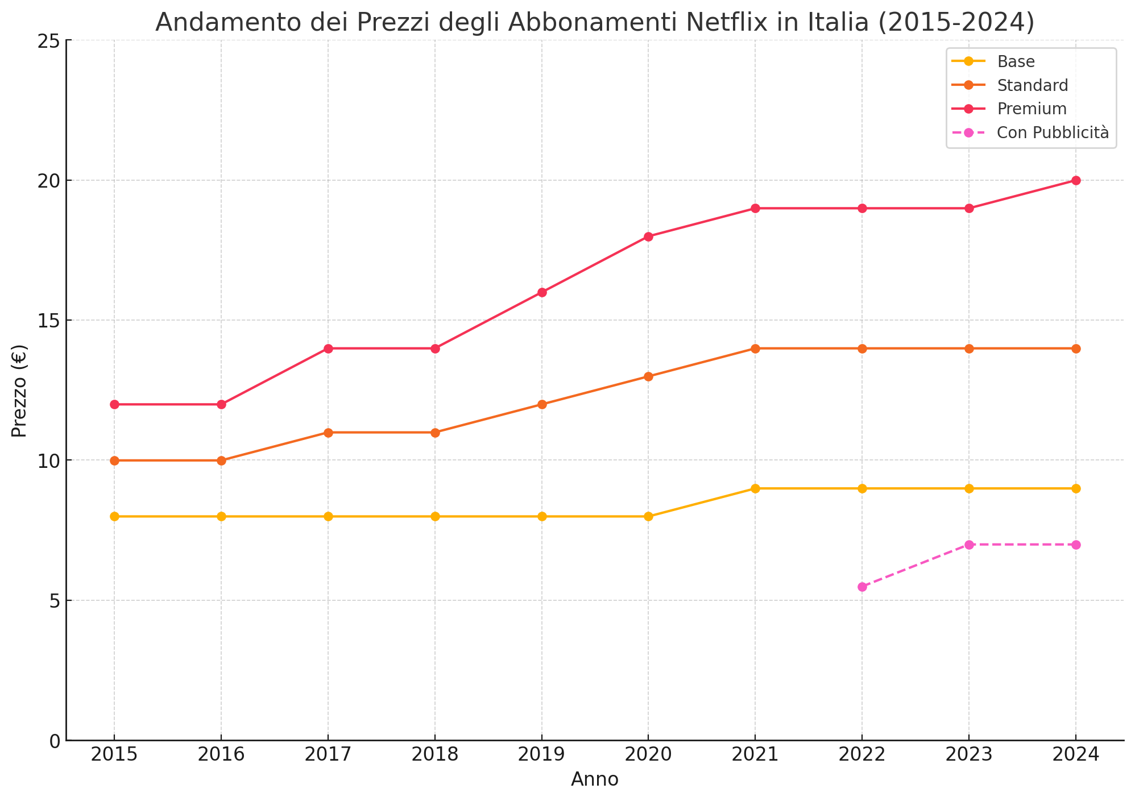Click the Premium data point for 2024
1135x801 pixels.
pos(1075,181)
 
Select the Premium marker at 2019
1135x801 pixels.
pos(542,293)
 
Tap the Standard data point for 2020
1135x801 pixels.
pos(648,376)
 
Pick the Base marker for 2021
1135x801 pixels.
pos(755,488)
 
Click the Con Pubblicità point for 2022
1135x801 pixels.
pos(862,587)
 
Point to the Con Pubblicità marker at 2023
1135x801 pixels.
pos(969,545)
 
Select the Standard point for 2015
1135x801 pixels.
pos(114,460)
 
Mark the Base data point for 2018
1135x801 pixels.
pos(435,516)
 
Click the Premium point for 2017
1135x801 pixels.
pos(328,348)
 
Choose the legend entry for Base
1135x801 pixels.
pos(1016,61)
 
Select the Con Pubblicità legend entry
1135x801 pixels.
pos(1053,132)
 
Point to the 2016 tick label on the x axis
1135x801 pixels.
pos(221,755)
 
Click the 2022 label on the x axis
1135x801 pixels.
pos(862,755)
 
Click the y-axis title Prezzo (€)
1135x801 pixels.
pos(19,391)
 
